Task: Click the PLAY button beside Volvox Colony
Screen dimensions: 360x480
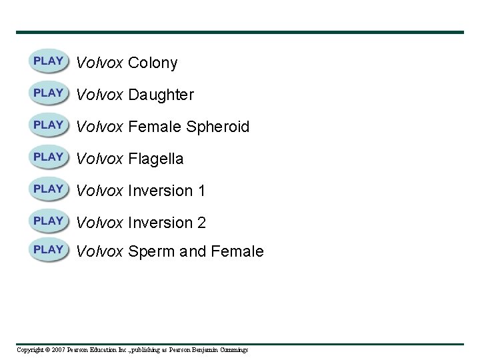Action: tap(48, 61)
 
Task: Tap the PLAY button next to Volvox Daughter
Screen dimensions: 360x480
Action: tap(48, 93)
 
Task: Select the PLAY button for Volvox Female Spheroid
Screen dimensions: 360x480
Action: tap(48, 125)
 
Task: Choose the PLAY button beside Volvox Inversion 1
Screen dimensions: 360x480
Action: tap(48, 189)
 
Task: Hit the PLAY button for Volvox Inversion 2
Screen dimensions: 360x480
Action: tap(48, 221)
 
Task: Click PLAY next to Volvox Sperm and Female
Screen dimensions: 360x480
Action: tap(48, 250)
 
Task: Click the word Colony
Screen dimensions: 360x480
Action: tap(153, 63)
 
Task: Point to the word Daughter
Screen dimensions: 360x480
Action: tap(161, 95)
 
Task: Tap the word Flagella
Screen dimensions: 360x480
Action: tap(155, 159)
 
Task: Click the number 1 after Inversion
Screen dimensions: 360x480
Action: tap(201, 191)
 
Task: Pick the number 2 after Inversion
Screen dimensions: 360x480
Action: tap(201, 223)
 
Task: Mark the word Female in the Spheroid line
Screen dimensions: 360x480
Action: tap(155, 127)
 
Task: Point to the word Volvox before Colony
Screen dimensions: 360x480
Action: tap(99, 63)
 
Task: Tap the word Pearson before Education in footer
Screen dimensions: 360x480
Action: tap(78, 350)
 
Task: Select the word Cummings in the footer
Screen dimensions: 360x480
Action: tap(233, 350)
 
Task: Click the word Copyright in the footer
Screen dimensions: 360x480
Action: tap(29, 350)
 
